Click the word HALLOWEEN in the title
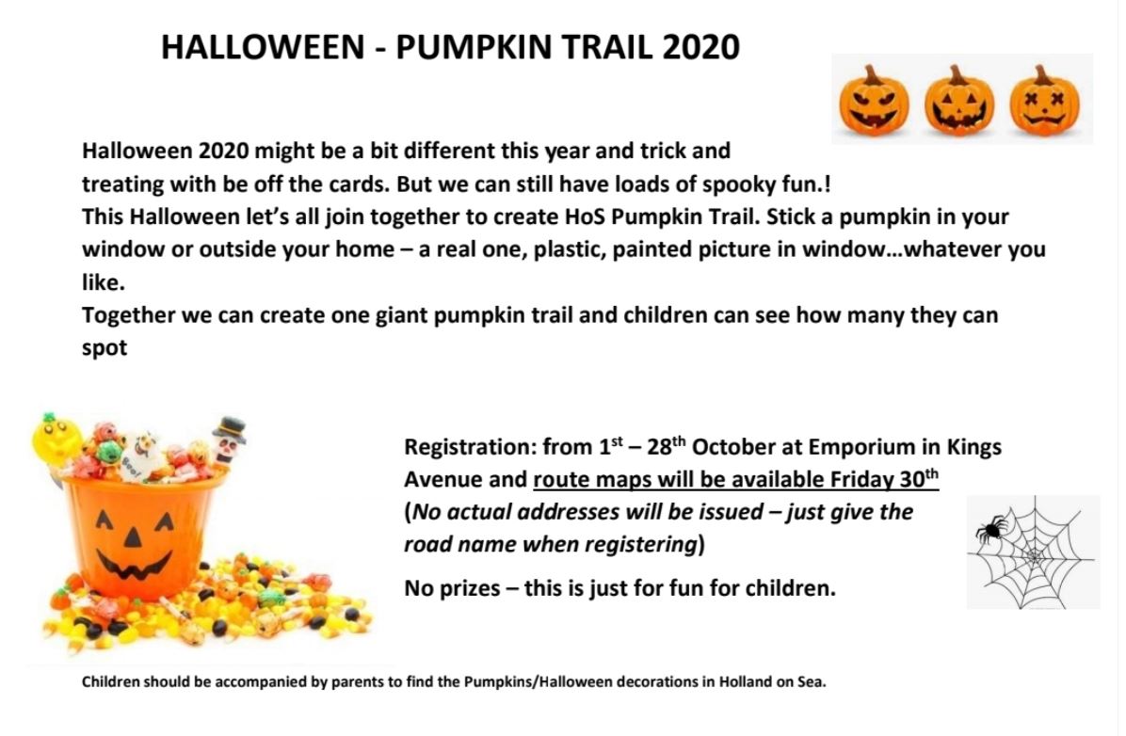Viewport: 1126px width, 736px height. coord(263,47)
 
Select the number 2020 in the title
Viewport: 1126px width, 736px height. coord(700,47)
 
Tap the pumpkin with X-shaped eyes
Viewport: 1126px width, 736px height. coord(1044,100)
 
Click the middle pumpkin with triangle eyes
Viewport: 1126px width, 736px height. coord(959,100)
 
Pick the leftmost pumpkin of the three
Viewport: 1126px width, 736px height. coord(874,100)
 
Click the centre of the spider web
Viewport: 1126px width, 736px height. coord(1034,555)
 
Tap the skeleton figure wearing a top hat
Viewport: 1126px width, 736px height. coord(229,440)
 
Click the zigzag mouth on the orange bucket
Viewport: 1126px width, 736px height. coord(135,567)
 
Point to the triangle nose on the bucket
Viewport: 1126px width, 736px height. coord(134,536)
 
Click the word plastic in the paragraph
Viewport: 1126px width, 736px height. coord(564,249)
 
